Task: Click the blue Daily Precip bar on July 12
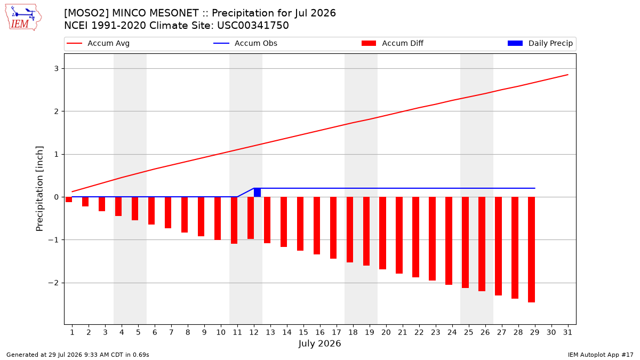[x=257, y=193]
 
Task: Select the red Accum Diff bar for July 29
[x=531, y=250]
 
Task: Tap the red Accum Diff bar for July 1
[x=69, y=199]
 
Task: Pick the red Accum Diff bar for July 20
[x=382, y=233]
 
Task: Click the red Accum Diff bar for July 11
[x=234, y=220]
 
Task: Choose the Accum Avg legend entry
[x=98, y=43]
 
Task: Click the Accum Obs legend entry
[x=245, y=43]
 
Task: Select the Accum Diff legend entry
[x=393, y=43]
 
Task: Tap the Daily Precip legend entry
[x=540, y=43]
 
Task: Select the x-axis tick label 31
[x=567, y=332]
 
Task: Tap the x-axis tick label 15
[x=303, y=332]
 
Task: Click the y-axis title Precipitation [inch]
[x=39, y=189]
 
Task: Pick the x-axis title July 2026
[x=319, y=343]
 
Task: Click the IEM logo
[x=23, y=18]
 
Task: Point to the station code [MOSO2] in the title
[x=86, y=13]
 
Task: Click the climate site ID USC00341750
[x=253, y=26]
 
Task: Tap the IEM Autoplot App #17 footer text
[x=601, y=355]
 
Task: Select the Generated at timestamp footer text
[x=78, y=355]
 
